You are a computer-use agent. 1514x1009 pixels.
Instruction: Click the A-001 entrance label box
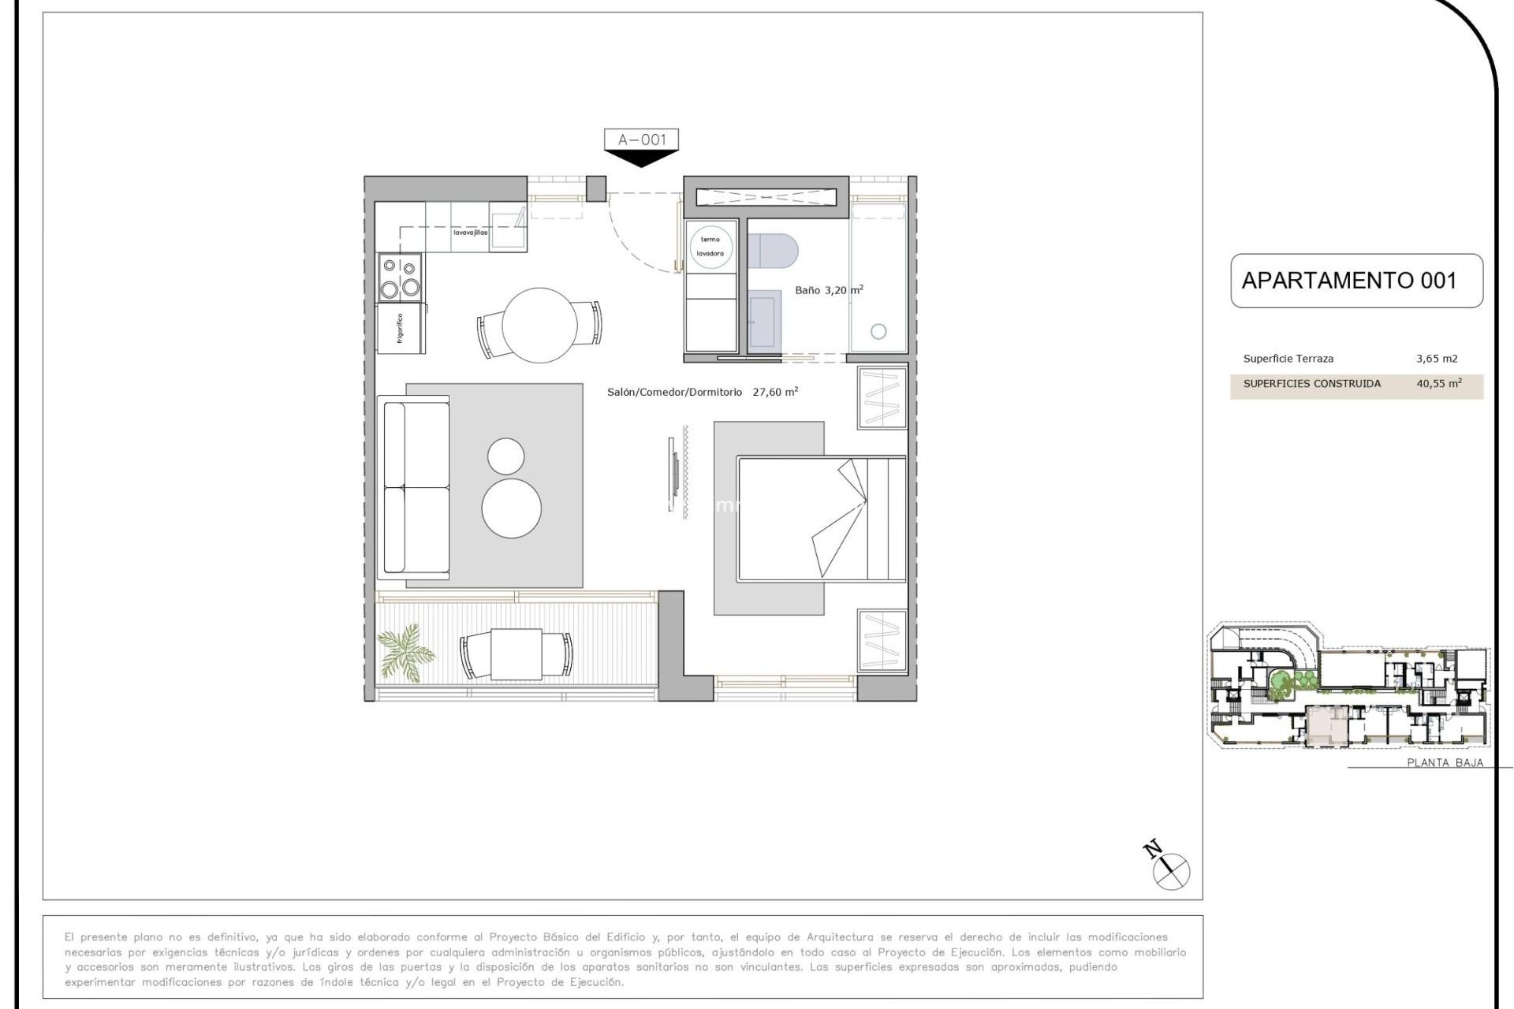coord(641,140)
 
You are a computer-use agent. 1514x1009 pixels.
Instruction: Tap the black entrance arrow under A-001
coord(641,158)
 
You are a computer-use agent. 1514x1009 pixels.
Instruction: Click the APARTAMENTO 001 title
coord(1348,281)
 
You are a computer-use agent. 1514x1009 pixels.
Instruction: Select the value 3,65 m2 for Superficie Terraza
coord(1436,359)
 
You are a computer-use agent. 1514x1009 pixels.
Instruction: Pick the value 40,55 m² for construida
coord(1438,384)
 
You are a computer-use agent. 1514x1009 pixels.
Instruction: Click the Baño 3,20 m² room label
coord(828,290)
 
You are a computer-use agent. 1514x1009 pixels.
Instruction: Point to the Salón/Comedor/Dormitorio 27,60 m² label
coord(702,392)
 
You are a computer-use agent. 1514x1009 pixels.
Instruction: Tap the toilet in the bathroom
coord(772,251)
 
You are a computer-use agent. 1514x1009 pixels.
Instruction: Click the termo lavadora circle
coord(710,247)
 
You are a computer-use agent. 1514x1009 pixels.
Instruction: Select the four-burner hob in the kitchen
coord(400,277)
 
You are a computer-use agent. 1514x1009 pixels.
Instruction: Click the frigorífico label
coord(401,329)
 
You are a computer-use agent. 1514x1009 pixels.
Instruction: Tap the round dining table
coord(539,325)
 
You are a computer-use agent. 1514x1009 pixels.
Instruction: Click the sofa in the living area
coord(414,486)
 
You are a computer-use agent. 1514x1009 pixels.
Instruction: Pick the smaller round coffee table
coord(505,456)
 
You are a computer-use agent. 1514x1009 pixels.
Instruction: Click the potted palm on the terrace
coord(404,651)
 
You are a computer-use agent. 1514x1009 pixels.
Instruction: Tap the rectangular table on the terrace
coord(516,654)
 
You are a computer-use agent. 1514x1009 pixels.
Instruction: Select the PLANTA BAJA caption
coord(1445,762)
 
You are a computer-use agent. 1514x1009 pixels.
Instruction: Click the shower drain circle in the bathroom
coord(878,332)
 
